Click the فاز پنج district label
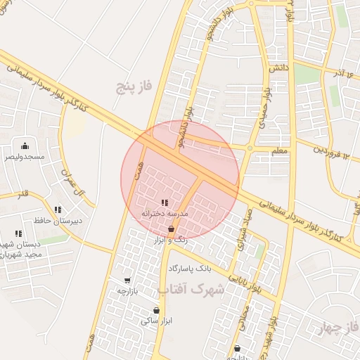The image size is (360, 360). pyautogui.click(x=134, y=87)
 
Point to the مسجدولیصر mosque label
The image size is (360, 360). pyautogui.click(x=25, y=157)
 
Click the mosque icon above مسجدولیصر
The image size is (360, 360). pyautogui.click(x=25, y=146)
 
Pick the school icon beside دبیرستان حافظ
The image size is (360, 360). pyautogui.click(x=58, y=210)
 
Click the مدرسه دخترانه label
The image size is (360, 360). pyautogui.click(x=164, y=213)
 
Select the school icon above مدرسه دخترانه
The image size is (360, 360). pyautogui.click(x=165, y=203)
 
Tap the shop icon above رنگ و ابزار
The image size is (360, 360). pyautogui.click(x=172, y=229)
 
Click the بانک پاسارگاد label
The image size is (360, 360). pyautogui.click(x=190, y=269)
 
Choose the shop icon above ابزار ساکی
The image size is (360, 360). pyautogui.click(x=156, y=311)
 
